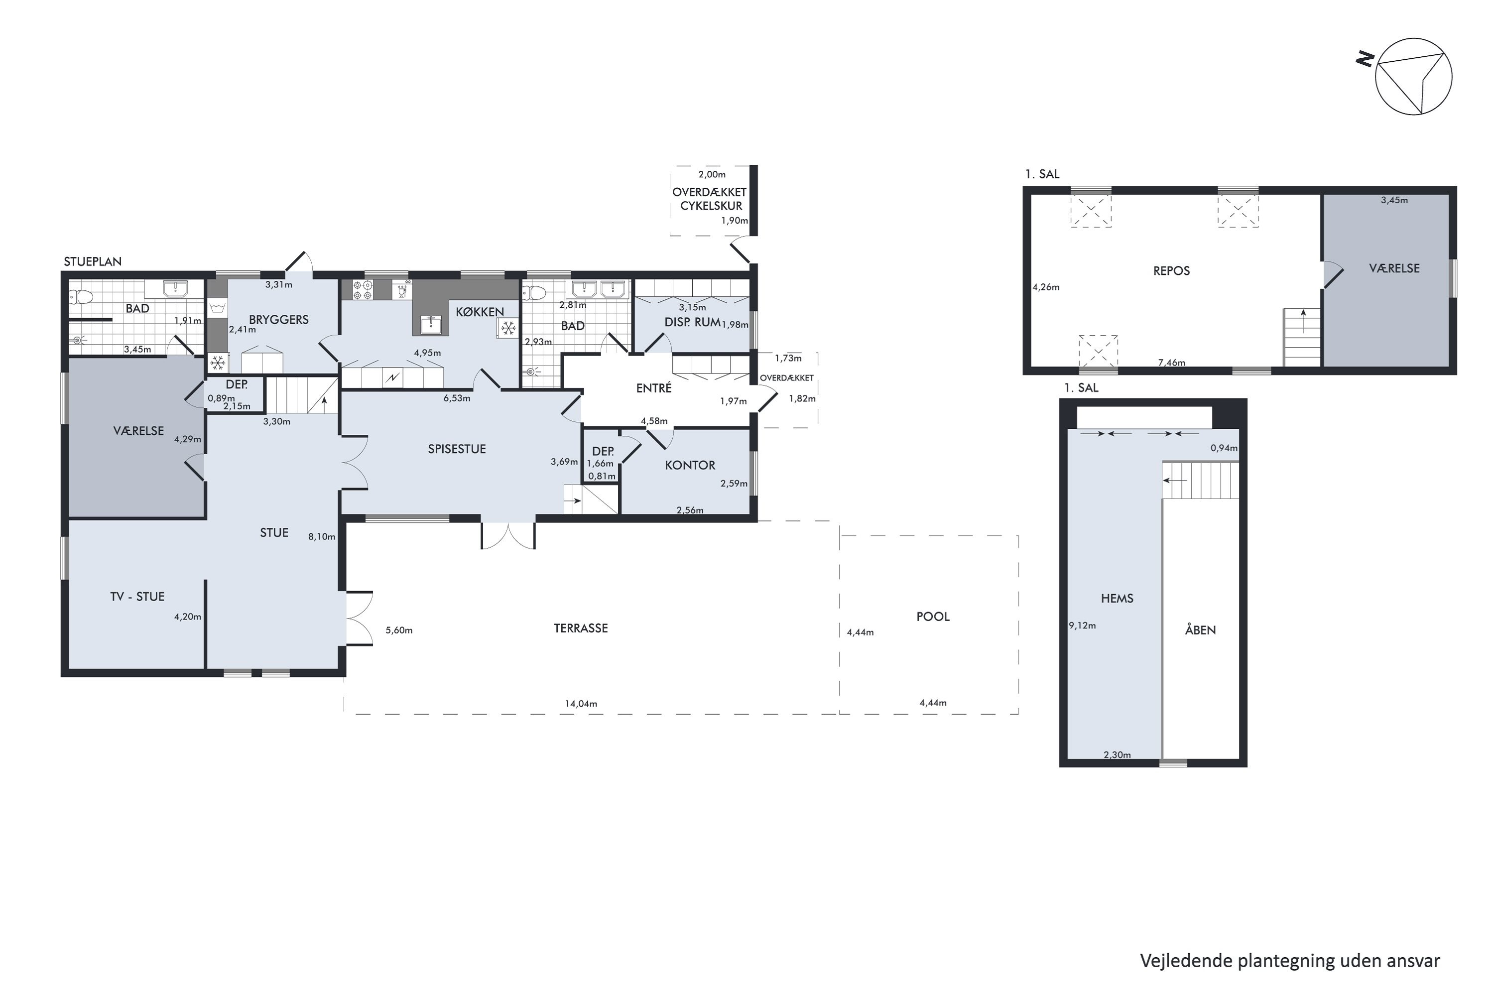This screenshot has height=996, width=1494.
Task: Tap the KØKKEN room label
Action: (480, 312)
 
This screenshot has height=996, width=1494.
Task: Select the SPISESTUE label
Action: (457, 449)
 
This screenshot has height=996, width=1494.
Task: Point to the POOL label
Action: (933, 617)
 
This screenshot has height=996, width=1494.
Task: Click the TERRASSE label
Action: (581, 628)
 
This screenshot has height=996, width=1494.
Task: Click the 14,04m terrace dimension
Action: (581, 704)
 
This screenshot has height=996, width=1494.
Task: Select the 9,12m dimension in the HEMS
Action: (1082, 625)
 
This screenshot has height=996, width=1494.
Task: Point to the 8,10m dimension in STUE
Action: (321, 537)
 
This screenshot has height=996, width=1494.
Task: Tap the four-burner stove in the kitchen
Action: (363, 290)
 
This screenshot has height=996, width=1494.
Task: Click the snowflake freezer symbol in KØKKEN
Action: (507, 328)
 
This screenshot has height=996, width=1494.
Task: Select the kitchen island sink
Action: (432, 324)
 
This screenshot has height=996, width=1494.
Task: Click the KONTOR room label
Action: (690, 466)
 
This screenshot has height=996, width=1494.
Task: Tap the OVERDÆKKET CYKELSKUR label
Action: (710, 199)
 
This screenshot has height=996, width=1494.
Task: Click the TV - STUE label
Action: (137, 597)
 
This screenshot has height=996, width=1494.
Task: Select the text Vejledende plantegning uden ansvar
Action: (1290, 961)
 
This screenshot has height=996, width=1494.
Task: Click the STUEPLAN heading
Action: (93, 262)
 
